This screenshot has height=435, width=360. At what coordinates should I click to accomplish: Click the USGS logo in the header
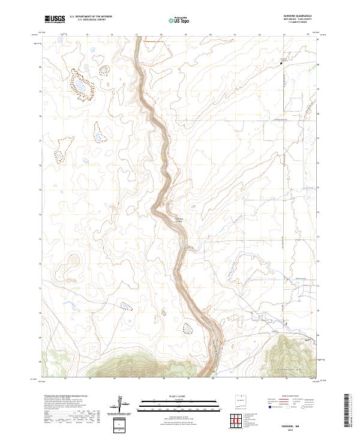[54, 19]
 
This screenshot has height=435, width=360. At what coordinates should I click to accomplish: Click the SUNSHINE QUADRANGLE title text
[298, 17]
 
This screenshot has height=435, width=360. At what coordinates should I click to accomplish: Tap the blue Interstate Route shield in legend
[268, 406]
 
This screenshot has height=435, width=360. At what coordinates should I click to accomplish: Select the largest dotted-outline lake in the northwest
[80, 85]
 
